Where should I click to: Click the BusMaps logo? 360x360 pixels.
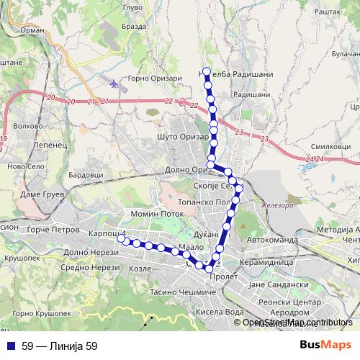[325, 346]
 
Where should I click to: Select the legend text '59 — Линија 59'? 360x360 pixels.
[59, 346]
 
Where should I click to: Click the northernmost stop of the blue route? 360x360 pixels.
[207, 71]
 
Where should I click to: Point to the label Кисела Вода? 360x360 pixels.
[220, 312]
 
